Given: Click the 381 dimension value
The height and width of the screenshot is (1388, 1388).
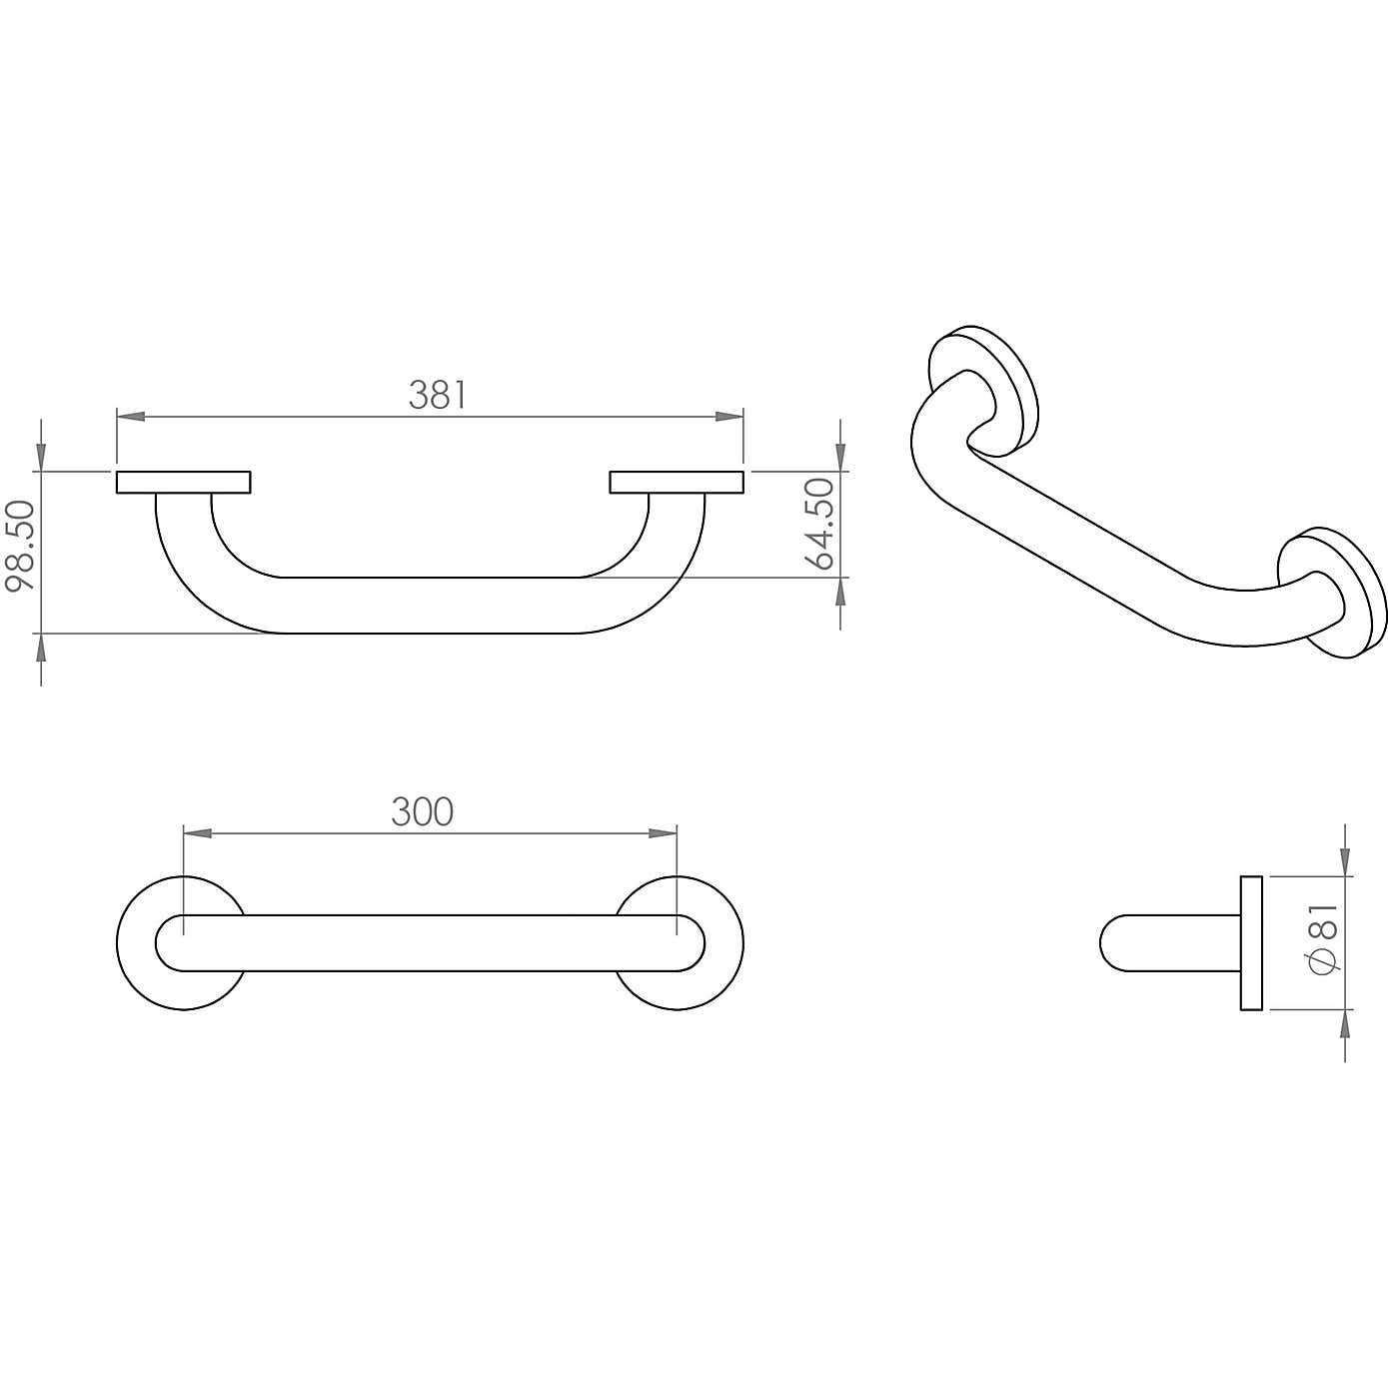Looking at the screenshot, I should (437, 396).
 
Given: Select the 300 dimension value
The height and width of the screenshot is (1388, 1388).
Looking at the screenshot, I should (422, 812).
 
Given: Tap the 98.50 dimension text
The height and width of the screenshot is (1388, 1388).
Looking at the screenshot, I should (21, 546).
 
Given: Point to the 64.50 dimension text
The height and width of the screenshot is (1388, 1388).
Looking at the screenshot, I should (819, 524).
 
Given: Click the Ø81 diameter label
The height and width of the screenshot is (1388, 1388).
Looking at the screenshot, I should (1323, 938).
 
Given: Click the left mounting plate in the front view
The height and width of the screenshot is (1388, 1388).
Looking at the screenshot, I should (183, 483).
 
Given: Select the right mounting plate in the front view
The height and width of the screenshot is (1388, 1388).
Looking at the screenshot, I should (677, 483).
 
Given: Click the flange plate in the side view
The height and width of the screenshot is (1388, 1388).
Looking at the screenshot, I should (1251, 943).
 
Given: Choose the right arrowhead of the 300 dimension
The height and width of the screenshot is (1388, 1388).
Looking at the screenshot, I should (664, 832).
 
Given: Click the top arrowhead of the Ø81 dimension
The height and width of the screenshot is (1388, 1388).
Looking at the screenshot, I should (1345, 862).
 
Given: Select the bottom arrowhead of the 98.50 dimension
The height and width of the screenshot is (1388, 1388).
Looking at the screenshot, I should (41, 647).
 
